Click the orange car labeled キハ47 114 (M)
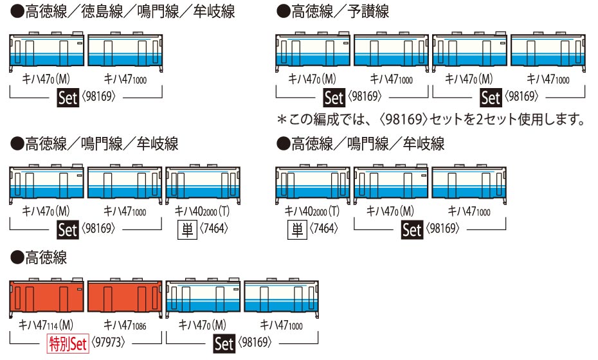[x=46, y=298]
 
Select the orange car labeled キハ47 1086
[x=125, y=298]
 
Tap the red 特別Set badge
[x=68, y=343]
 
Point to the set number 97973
[x=108, y=342]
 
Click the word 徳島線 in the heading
[x=102, y=12]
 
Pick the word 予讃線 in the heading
[x=368, y=12]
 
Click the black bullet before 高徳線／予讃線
[x=284, y=12]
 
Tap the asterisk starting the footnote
[x=282, y=120]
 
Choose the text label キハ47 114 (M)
[x=46, y=325]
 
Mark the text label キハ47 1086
[x=125, y=325]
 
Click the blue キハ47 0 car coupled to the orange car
[x=203, y=298]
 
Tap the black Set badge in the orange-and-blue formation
[x=224, y=343]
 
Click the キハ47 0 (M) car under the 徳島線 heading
[x=46, y=52]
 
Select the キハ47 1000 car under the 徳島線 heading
[x=125, y=52]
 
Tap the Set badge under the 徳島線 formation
[x=68, y=98]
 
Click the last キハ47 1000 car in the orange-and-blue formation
[x=282, y=298]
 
